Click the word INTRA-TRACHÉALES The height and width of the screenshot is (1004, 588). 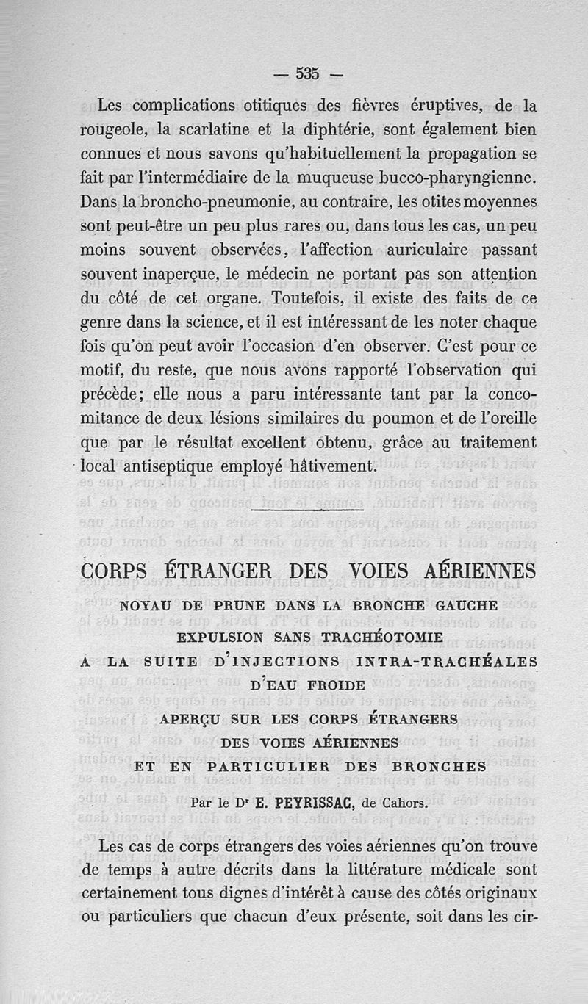446,662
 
